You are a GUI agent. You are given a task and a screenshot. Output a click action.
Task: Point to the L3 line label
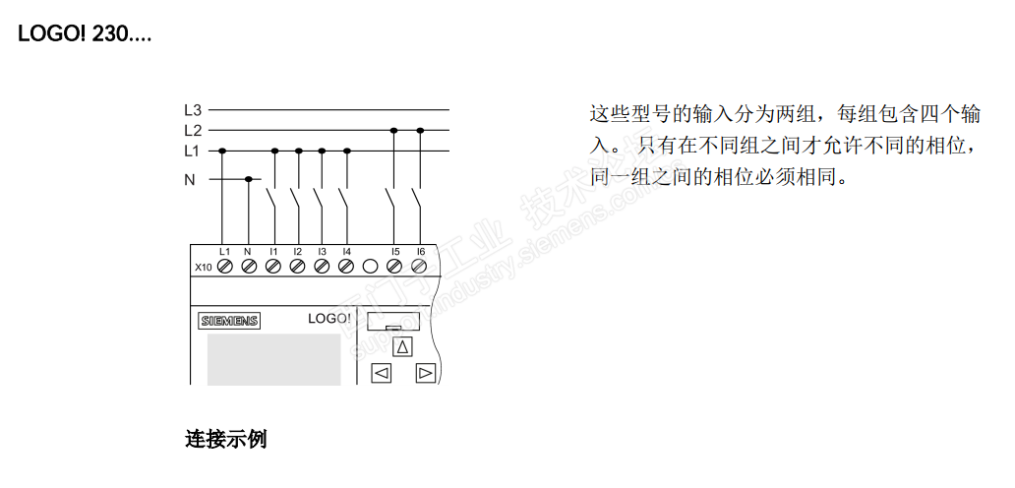point(193,110)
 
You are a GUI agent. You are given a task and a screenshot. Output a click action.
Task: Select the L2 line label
point(193,130)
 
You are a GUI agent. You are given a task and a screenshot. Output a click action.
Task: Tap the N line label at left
point(190,180)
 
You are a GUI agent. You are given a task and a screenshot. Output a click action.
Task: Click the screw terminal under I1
point(273,266)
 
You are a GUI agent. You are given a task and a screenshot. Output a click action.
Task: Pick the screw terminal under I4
point(346,266)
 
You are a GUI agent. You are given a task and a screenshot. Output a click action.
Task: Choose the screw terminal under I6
point(420,266)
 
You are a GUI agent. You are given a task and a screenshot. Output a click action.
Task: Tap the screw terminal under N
point(248,266)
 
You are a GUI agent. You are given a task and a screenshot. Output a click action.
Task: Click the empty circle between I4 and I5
point(371,266)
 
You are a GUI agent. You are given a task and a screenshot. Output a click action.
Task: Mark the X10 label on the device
point(203,267)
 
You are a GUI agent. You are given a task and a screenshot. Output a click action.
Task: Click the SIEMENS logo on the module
point(229,321)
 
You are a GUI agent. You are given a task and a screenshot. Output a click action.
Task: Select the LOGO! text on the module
point(328,319)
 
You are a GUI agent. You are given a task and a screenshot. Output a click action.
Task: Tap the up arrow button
point(402,346)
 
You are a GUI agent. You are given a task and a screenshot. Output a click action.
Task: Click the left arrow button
point(381,373)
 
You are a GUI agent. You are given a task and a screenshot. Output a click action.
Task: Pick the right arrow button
point(425,373)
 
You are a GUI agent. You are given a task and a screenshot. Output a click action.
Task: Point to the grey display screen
point(273,358)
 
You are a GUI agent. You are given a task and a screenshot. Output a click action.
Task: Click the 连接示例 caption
point(225,438)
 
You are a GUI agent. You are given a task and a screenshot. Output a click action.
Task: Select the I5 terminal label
point(394,252)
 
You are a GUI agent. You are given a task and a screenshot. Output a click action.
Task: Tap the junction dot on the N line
point(248,179)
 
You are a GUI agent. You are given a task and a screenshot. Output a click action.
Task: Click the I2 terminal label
point(297,252)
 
